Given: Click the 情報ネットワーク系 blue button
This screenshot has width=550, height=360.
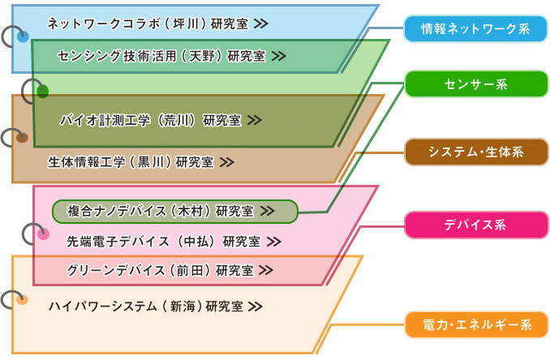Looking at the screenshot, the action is click(x=475, y=28).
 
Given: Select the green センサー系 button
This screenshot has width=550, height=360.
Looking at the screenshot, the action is click(x=476, y=84).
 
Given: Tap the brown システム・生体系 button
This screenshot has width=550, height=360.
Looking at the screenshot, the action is click(x=476, y=152).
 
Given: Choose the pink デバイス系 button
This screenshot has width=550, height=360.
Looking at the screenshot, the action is click(x=476, y=225).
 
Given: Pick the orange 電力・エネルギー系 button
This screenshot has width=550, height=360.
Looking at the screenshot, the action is click(x=476, y=325).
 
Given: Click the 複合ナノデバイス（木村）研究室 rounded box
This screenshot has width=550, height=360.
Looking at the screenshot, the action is click(x=175, y=212).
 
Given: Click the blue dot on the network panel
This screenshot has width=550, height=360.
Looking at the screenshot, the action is click(x=23, y=36).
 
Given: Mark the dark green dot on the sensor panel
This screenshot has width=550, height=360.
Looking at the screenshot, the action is click(x=42, y=92).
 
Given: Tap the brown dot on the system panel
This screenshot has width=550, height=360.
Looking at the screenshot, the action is click(x=22, y=138).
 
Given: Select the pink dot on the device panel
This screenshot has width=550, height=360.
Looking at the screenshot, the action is click(x=43, y=234).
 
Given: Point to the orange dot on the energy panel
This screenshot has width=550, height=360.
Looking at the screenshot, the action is click(x=22, y=301).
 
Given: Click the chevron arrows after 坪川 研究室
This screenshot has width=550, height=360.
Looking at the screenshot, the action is click(x=261, y=24).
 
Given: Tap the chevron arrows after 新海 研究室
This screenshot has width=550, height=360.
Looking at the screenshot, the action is click(x=256, y=306).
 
